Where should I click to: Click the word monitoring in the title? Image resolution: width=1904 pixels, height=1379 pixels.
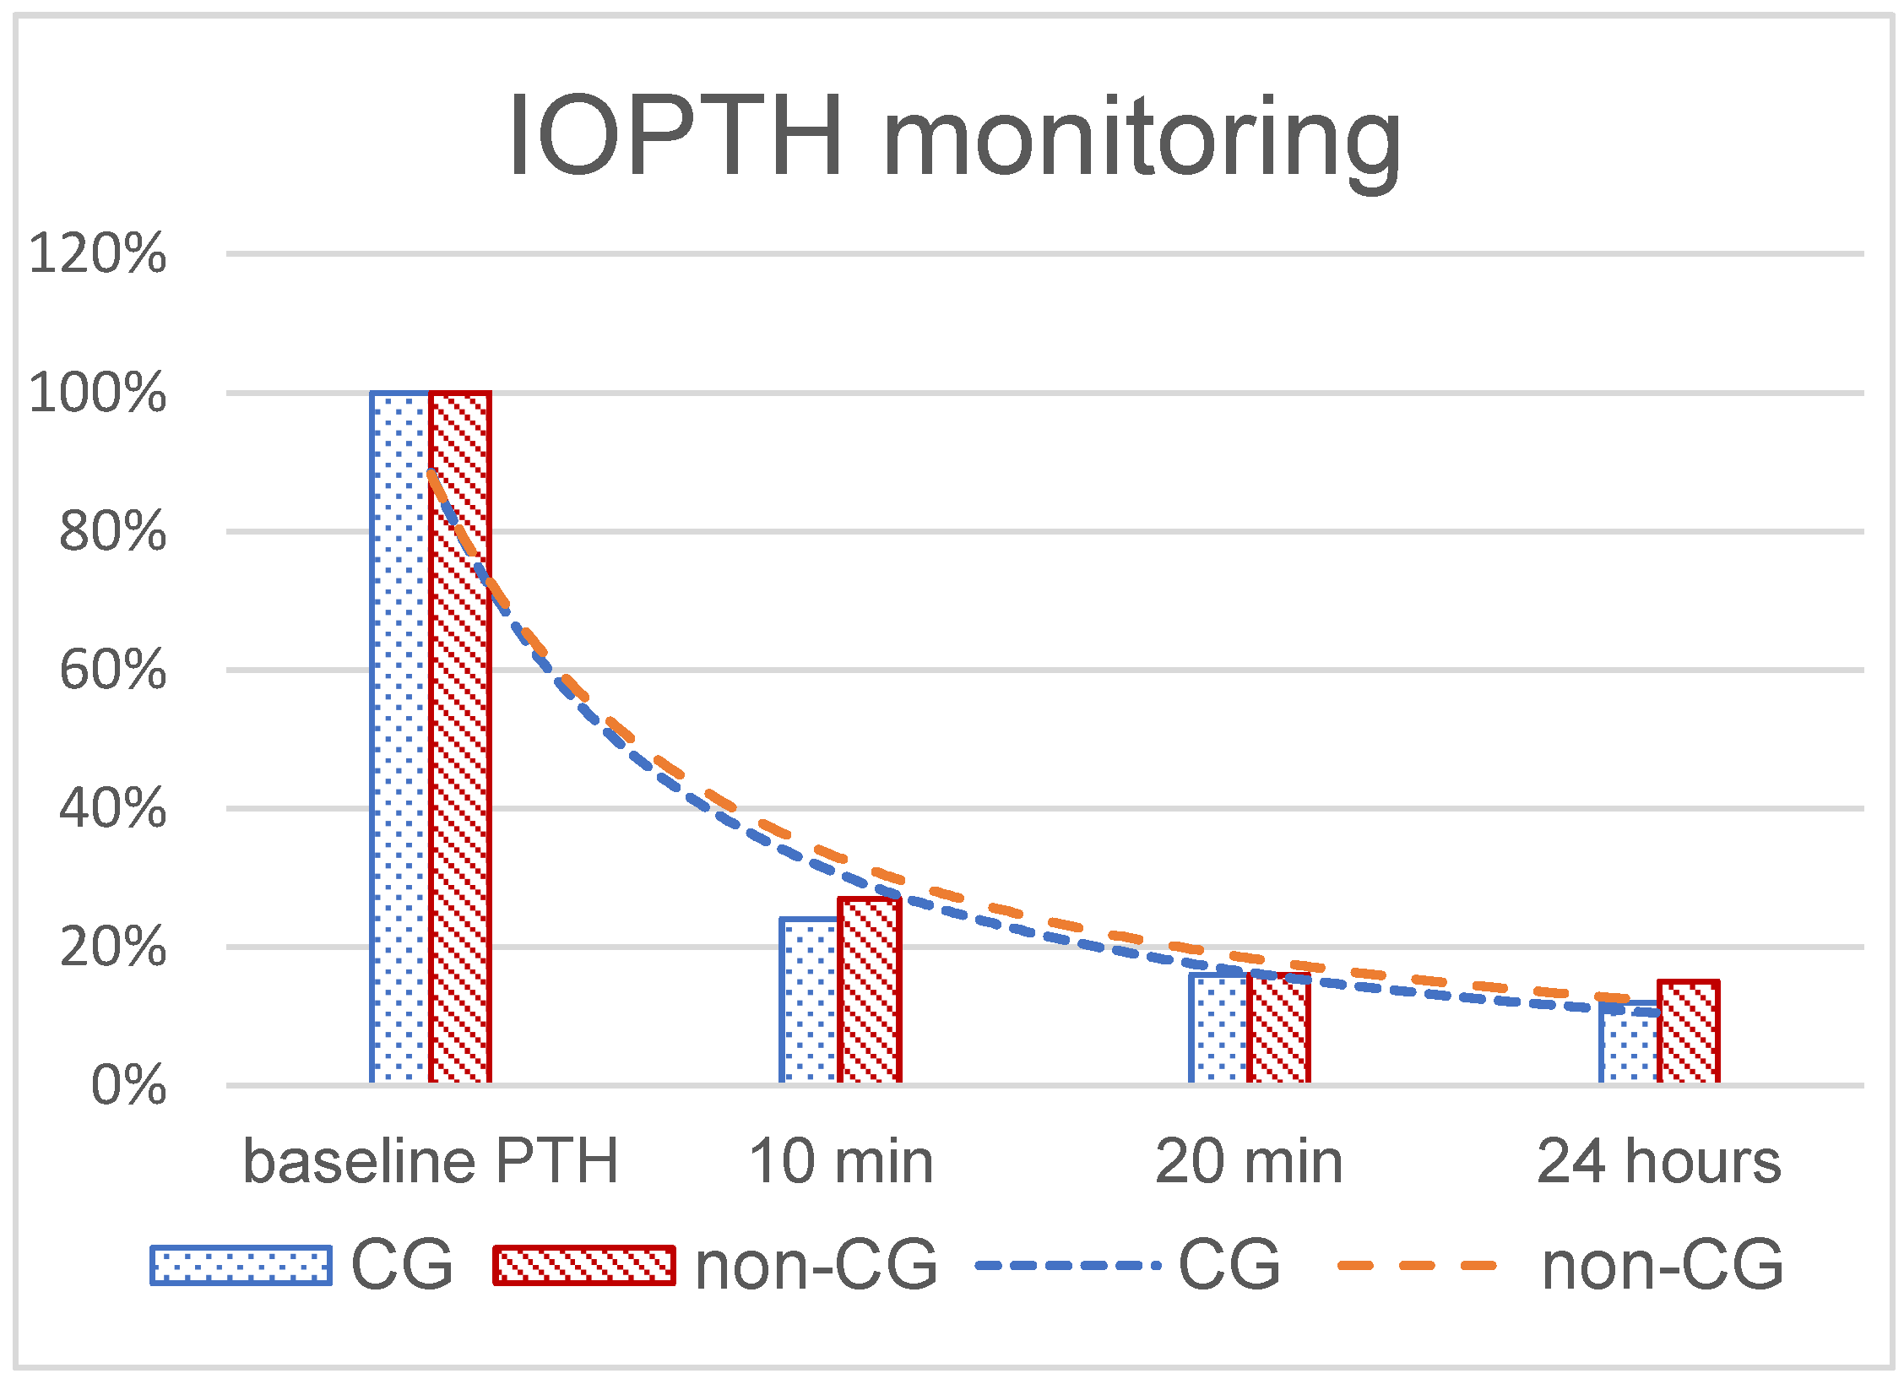click(x=1142, y=139)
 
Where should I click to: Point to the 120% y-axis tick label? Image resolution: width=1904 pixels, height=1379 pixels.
click(x=98, y=252)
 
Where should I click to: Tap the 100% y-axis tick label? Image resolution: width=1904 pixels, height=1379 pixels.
click(x=98, y=393)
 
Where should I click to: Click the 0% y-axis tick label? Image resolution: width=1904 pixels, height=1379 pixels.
click(x=128, y=1085)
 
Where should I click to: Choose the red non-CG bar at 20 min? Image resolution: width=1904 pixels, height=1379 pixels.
click(x=1279, y=1030)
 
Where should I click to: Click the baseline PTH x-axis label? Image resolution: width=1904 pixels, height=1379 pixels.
click(x=431, y=1161)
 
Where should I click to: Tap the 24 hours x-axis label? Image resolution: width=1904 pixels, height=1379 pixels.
click(x=1658, y=1161)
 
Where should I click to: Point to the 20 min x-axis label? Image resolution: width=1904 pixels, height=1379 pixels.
click(x=1249, y=1161)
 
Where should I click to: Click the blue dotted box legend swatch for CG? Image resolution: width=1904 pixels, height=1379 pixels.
click(x=241, y=1265)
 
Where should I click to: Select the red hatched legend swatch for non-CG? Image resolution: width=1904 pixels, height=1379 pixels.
click(x=584, y=1265)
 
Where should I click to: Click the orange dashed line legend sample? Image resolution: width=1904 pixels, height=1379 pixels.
click(x=1419, y=1265)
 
